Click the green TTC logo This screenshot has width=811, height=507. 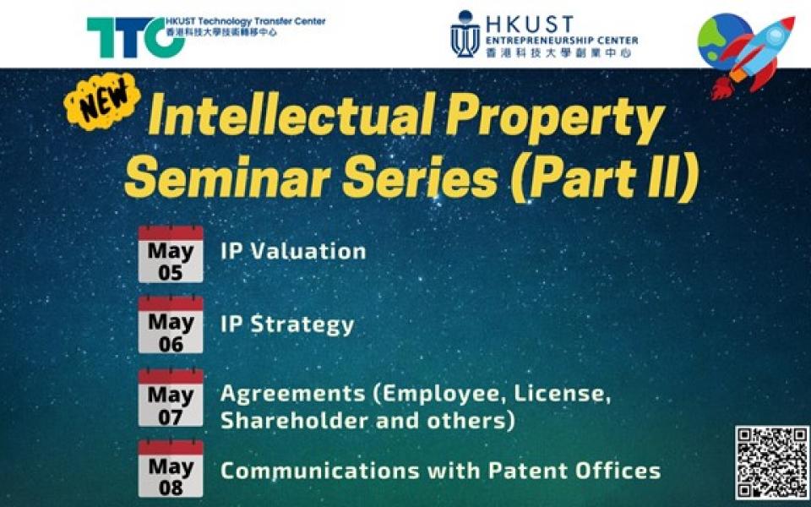click(x=135, y=37)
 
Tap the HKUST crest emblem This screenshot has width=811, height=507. click(x=465, y=34)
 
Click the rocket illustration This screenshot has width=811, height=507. click(x=753, y=57)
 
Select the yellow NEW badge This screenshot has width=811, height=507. click(x=102, y=101)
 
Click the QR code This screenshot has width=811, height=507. click(x=773, y=462)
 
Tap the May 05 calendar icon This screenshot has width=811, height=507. click(x=171, y=254)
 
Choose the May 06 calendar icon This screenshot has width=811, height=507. click(x=171, y=324)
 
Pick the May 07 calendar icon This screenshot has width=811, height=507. click(x=171, y=397)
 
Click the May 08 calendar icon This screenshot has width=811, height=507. click(x=171, y=469)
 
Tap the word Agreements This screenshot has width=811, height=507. click(x=293, y=395)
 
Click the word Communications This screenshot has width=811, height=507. click(x=319, y=471)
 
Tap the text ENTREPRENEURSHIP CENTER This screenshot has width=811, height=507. click(x=562, y=41)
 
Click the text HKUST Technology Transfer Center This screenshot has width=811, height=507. click(x=246, y=21)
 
